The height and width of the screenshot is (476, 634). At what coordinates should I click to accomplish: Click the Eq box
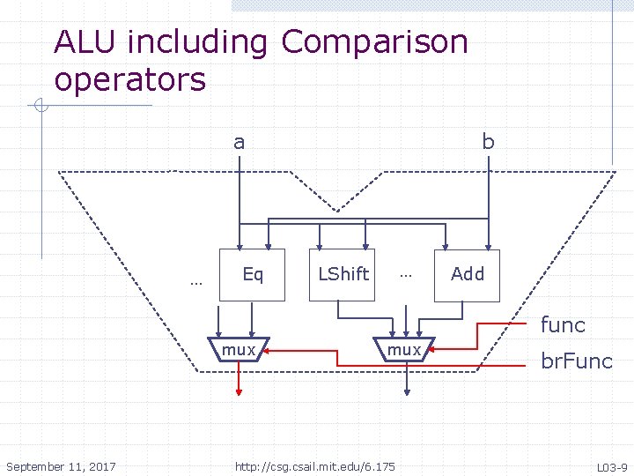(x=252, y=275)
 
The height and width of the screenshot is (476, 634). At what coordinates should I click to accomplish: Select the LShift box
(x=342, y=275)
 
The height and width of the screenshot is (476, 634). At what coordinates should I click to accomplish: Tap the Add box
(x=467, y=276)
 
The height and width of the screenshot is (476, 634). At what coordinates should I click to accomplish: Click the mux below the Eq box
(x=239, y=349)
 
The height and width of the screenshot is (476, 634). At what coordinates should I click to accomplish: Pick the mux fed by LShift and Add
(x=404, y=349)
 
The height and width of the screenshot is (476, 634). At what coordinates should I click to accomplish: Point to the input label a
(x=239, y=143)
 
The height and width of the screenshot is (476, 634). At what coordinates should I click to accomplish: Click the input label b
(x=489, y=141)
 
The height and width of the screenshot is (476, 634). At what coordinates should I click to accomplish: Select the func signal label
(x=563, y=324)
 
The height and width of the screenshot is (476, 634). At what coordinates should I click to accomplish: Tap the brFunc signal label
(x=577, y=361)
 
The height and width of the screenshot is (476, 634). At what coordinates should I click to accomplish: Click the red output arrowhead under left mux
(x=239, y=392)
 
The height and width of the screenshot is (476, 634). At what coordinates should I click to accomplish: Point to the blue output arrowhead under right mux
(x=407, y=392)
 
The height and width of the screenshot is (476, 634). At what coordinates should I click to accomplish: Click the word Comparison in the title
(x=374, y=42)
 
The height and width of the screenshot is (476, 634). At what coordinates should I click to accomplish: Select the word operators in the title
(x=130, y=79)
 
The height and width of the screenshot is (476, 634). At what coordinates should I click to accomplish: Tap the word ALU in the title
(x=85, y=41)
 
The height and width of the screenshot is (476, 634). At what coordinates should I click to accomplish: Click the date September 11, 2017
(x=61, y=466)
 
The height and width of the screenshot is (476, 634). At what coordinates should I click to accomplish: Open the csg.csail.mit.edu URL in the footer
(x=315, y=466)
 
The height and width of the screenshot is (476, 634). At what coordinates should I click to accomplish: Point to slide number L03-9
(x=612, y=467)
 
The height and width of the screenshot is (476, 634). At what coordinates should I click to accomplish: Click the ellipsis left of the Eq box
(x=196, y=284)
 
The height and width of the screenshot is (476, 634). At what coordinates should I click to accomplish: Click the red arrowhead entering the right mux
(x=431, y=349)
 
